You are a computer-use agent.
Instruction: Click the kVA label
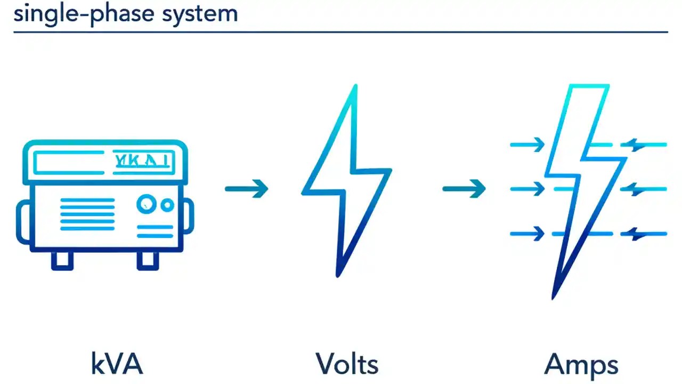117,364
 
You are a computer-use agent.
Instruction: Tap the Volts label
347,364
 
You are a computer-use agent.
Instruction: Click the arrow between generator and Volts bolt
247,188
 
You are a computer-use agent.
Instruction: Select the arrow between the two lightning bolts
464,188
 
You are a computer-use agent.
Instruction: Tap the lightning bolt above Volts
346,181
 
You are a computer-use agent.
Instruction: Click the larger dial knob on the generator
146,204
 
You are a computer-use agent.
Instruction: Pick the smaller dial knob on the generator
167,205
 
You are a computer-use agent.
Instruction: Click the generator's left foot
62,260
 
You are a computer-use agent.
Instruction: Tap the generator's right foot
148,260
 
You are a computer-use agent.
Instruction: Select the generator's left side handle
23,221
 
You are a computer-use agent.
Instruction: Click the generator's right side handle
189,216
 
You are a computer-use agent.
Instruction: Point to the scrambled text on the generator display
141,161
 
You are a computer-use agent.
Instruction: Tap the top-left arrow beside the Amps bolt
527,144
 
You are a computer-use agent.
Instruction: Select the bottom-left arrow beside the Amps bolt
527,234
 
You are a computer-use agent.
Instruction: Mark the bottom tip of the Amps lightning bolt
554,298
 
